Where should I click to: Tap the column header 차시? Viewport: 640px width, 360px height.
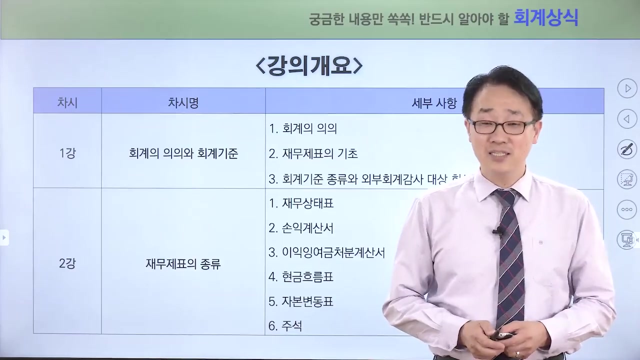click(67, 103)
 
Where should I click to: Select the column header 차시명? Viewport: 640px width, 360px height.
click(183, 103)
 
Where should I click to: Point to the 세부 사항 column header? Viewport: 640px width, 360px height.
click(434, 103)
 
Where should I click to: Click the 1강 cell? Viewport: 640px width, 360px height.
click(67, 153)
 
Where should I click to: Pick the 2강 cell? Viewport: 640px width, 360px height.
click(67, 264)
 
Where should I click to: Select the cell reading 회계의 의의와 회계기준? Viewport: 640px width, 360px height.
click(183, 153)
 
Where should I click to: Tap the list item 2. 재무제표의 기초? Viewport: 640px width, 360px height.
click(313, 154)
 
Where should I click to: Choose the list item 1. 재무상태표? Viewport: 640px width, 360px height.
click(301, 203)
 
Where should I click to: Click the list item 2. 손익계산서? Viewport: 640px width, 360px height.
click(301, 228)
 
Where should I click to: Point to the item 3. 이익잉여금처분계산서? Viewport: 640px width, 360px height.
click(327, 252)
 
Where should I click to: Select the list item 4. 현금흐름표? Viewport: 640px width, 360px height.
click(301, 277)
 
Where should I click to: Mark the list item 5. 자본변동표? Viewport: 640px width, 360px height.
click(301, 301)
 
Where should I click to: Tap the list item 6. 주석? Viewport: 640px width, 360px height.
click(285, 326)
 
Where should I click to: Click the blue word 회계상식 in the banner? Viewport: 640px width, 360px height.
click(545, 18)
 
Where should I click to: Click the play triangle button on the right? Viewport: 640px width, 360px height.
click(627, 89)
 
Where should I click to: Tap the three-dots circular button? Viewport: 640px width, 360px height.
click(627, 209)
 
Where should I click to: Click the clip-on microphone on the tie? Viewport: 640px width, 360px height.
click(498, 231)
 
